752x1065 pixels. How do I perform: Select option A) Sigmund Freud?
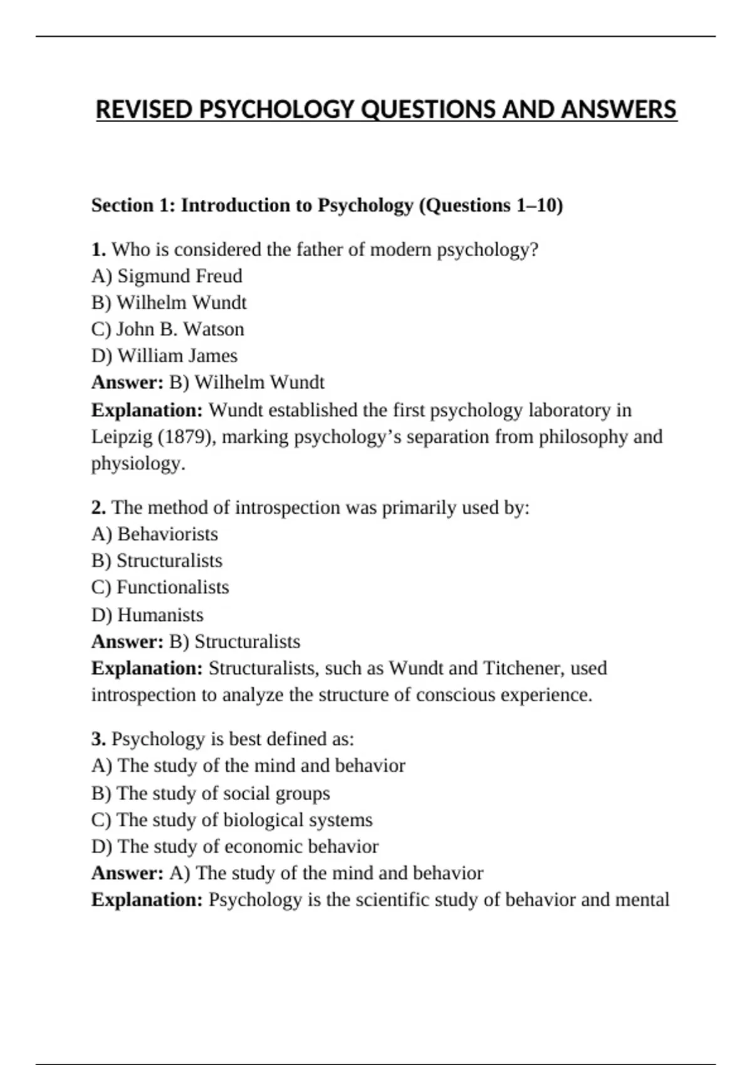pos(167,276)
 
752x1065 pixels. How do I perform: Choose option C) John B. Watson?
pos(167,329)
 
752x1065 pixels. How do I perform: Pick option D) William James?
pos(164,356)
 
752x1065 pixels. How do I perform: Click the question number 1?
pos(98,249)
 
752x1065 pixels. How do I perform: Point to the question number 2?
pos(98,507)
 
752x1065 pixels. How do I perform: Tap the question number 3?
pos(98,739)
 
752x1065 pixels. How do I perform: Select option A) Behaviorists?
pos(155,534)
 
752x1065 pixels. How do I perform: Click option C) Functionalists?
pos(160,588)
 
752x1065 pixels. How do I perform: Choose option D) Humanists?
pos(147,615)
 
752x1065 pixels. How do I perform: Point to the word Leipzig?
pos(122,437)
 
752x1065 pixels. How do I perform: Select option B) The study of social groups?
pos(211,793)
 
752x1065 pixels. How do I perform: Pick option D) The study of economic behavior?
pos(235,846)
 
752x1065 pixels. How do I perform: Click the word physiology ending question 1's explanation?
pos(138,464)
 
